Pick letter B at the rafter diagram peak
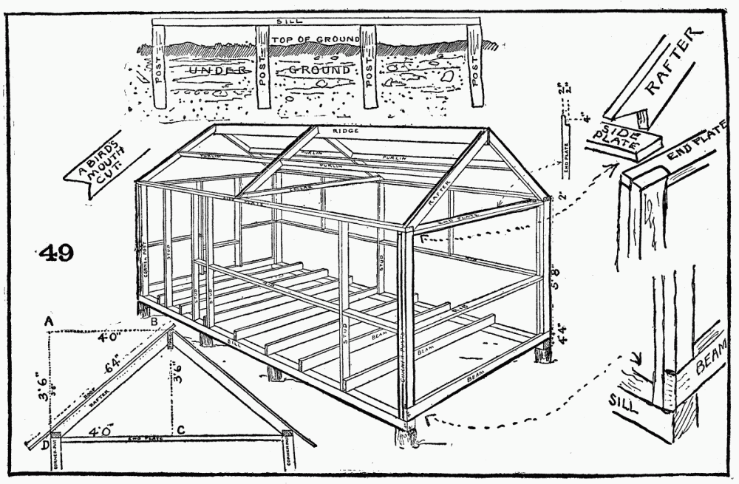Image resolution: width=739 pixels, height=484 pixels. [154, 322]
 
